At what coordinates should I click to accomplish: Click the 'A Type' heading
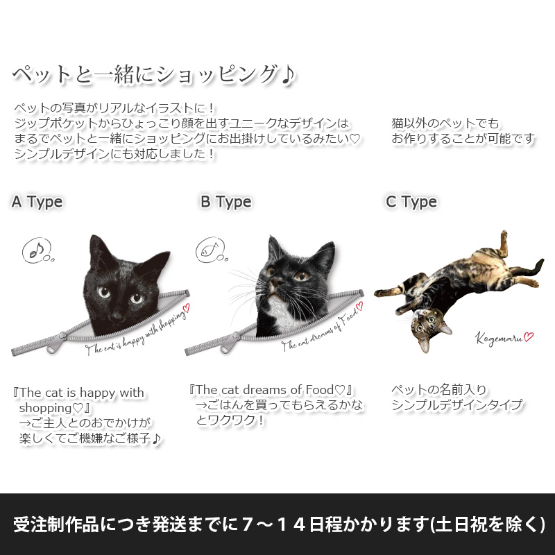[37, 202]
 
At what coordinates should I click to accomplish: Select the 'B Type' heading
[226, 202]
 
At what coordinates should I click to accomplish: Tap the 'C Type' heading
[411, 202]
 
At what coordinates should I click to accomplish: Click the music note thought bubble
[37, 250]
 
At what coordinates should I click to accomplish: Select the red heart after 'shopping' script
[185, 309]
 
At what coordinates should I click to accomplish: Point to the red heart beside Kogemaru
[529, 336]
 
